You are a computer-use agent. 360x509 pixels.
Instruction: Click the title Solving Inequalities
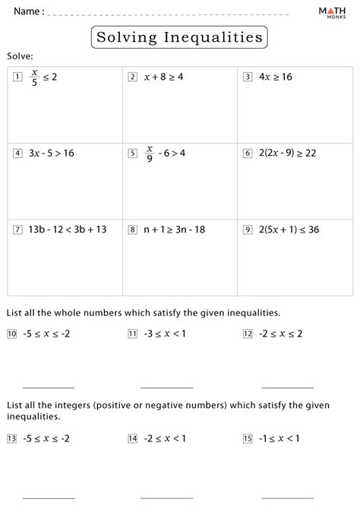click(179, 36)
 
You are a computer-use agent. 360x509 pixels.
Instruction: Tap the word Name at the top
click(26, 12)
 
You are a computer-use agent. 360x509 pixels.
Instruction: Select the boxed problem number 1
click(17, 77)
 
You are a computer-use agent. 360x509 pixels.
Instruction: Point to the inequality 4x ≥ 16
click(276, 77)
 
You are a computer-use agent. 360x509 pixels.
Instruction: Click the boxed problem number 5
click(132, 153)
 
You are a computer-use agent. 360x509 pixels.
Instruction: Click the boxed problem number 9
click(248, 229)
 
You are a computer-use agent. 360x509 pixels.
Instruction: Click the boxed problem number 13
click(11, 438)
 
